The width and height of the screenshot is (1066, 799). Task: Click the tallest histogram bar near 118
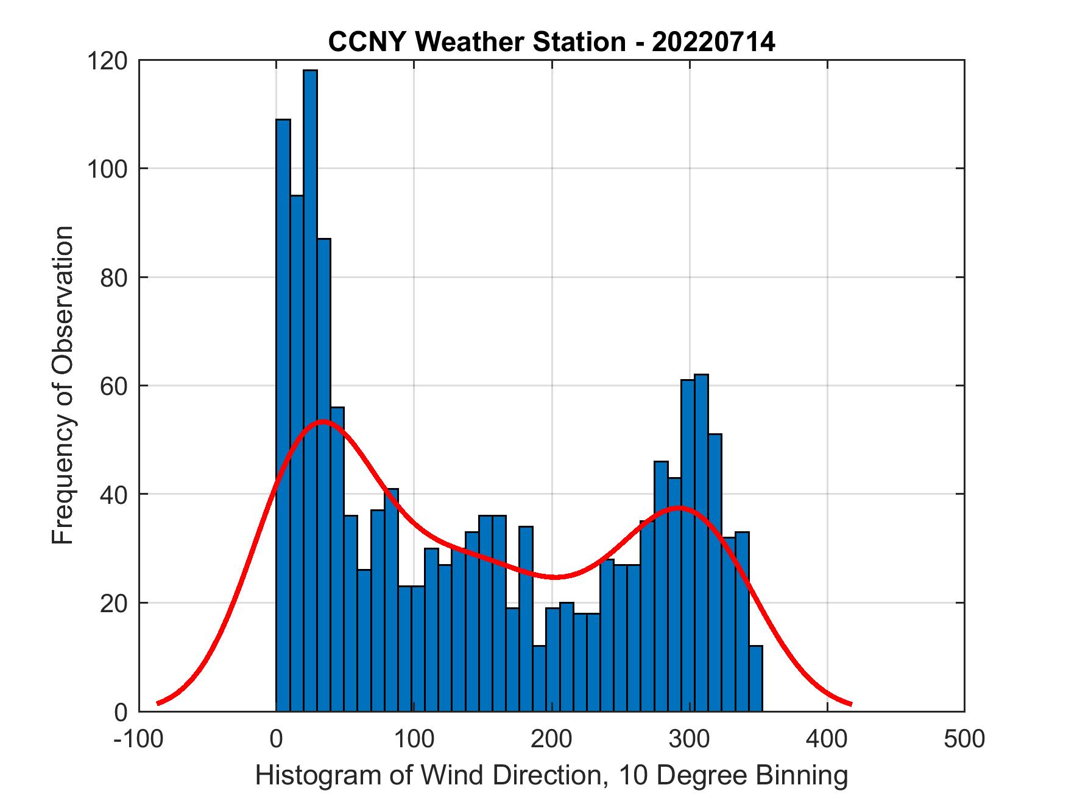pos(310,389)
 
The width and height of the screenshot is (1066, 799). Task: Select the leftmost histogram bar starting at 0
pos(283,414)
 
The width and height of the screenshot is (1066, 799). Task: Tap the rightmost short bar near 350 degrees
pos(755,679)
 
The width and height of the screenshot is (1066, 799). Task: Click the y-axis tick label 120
pos(108,61)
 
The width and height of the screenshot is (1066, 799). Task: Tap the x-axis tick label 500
pos(964,739)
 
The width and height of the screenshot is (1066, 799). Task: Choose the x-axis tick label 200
pos(551,739)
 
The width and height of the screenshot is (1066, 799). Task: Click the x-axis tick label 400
pos(827,739)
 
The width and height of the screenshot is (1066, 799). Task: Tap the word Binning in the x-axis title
pos(801,776)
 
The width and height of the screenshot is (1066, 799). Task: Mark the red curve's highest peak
pos(323,421)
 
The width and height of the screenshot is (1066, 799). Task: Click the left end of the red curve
pos(158,703)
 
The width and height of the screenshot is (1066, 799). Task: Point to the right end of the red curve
pos(850,704)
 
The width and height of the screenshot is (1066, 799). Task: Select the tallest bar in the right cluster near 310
pos(701,542)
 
